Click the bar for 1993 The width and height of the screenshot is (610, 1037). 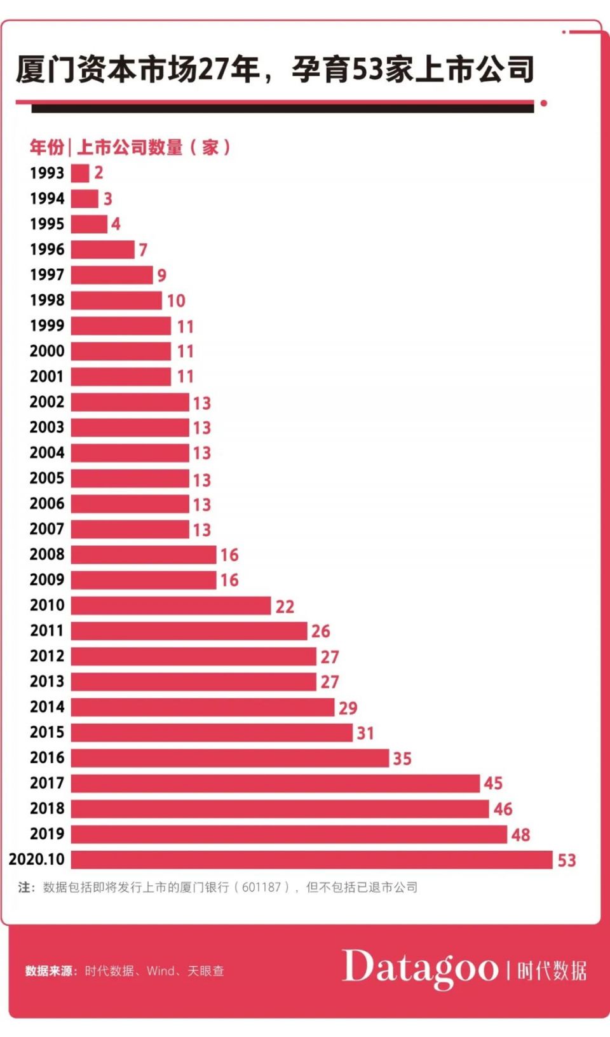pos(80,173)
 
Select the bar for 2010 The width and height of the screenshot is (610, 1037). pos(171,606)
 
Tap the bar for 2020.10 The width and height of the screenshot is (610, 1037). pos(311,860)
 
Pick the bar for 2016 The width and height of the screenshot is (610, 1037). pos(229,758)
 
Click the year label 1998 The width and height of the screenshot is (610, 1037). pos(47,300)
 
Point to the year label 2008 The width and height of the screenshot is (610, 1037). pos(47,554)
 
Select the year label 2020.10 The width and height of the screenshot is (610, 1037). pos(37,859)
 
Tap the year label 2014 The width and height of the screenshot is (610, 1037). pos(47,707)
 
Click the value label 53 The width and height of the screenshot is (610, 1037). pos(567,860)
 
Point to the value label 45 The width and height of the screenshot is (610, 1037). pos(493,783)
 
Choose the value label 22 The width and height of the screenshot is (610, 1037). pos(285,606)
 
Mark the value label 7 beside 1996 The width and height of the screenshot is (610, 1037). pos(143,250)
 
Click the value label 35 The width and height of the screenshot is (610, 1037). pos(402,759)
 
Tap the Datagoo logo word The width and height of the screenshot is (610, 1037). pos(420,968)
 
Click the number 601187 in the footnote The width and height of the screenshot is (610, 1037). pos(261,887)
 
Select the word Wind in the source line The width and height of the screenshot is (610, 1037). pos(161,971)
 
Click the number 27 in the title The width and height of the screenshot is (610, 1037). pos(213,69)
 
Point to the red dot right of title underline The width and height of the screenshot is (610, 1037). pos(544,103)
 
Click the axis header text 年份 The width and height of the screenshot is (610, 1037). pos(46,147)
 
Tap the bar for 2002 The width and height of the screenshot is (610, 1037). pos(130,402)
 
